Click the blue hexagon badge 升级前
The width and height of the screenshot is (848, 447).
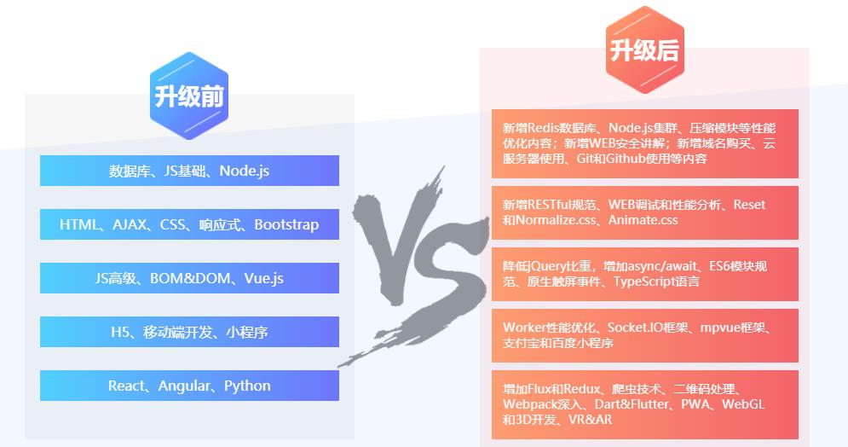click(189, 96)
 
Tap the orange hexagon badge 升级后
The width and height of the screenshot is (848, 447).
click(644, 50)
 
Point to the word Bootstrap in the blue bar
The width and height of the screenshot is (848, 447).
click(286, 225)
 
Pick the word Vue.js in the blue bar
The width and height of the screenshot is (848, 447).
click(264, 278)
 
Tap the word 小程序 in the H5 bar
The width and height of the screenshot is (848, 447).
click(247, 332)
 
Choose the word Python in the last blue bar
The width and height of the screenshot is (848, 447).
click(247, 386)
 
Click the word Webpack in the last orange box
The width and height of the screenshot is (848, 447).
click(528, 404)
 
